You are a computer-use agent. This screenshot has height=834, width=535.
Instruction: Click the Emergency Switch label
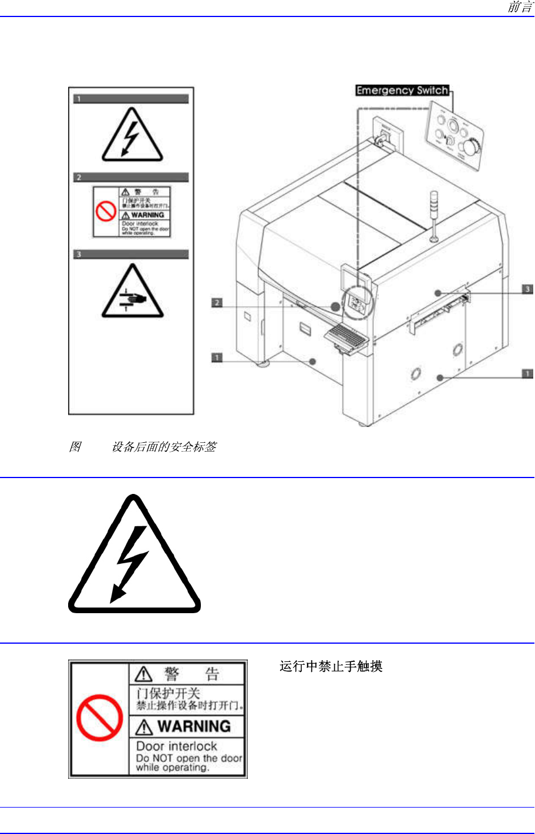click(x=402, y=90)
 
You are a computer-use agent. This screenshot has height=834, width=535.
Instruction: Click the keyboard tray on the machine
click(x=345, y=337)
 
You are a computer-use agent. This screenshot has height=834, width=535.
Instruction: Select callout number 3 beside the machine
click(x=527, y=289)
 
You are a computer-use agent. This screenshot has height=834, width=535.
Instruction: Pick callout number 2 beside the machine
click(x=217, y=302)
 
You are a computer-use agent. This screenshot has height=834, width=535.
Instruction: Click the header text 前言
click(x=519, y=7)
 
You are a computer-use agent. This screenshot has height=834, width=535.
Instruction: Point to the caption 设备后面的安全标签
click(x=164, y=447)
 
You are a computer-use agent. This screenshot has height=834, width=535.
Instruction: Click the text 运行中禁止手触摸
click(x=331, y=666)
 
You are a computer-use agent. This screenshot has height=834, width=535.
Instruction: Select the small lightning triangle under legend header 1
click(x=132, y=137)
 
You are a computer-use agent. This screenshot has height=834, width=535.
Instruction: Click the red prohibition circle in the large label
click(x=99, y=717)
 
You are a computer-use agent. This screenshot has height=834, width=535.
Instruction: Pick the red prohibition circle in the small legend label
click(x=106, y=211)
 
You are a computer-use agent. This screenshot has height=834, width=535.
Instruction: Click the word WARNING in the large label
click(x=194, y=727)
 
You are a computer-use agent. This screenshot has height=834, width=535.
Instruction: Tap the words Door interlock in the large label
click(x=177, y=746)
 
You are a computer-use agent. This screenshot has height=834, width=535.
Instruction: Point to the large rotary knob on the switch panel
click(x=470, y=146)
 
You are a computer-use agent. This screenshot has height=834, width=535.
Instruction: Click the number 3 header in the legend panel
click(x=79, y=254)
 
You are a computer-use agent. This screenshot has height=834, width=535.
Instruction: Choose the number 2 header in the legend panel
click(x=79, y=177)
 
